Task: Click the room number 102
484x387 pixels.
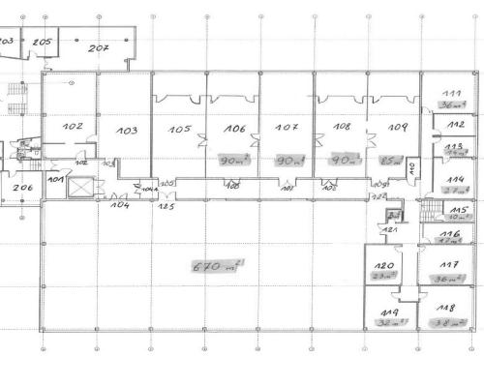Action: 73,127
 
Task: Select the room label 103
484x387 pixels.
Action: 127,131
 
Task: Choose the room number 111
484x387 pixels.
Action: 451,94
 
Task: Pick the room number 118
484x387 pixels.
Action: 448,307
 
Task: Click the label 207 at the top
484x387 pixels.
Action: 100,47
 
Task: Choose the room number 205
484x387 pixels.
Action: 41,43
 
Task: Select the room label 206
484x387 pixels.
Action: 22,188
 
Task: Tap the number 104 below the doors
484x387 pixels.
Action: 120,206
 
